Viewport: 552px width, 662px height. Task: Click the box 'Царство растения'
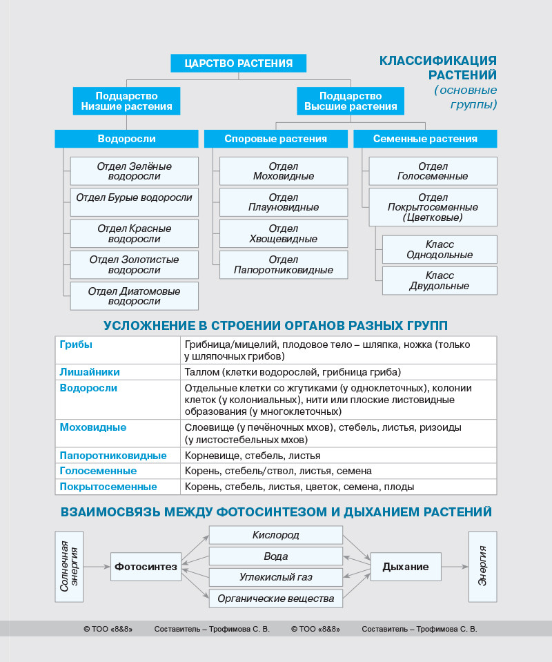[238, 64]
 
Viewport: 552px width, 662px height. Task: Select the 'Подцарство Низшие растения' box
[127, 101]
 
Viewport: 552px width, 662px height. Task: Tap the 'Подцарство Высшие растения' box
[351, 101]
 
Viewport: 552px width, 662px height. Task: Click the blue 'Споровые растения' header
[275, 139]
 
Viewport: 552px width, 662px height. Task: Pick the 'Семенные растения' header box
[425, 139]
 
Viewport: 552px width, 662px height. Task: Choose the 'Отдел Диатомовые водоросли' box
[134, 295]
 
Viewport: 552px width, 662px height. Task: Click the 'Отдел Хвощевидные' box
[283, 233]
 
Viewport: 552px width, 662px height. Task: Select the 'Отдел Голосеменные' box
[433, 171]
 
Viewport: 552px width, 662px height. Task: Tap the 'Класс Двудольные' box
[440, 280]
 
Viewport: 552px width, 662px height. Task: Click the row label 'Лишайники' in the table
[90, 372]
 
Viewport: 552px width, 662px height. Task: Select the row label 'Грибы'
[77, 344]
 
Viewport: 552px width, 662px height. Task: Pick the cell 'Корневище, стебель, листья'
[253, 456]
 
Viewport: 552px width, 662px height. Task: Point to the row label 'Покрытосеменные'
[108, 487]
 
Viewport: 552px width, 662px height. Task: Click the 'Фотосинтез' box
[146, 567]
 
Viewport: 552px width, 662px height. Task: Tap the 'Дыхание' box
[406, 567]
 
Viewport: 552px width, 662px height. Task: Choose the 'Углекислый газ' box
[275, 577]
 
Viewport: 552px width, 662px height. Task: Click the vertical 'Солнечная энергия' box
[69, 566]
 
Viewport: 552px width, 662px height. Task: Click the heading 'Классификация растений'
[437, 67]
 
